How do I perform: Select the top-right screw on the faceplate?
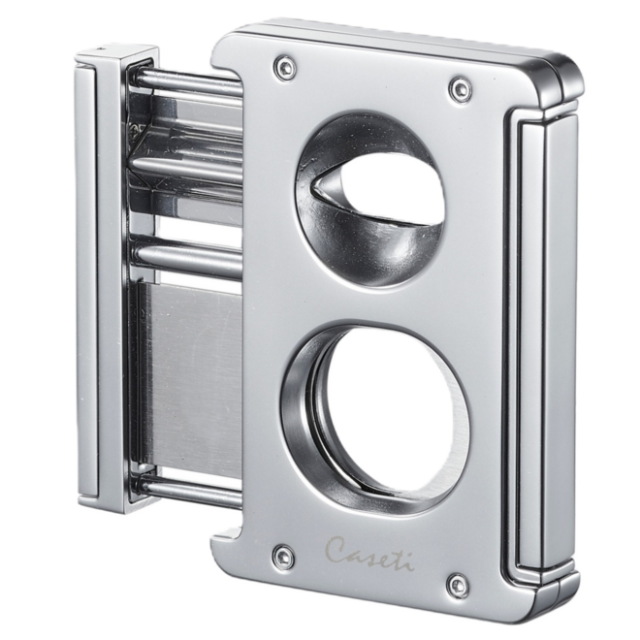point(456,90)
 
